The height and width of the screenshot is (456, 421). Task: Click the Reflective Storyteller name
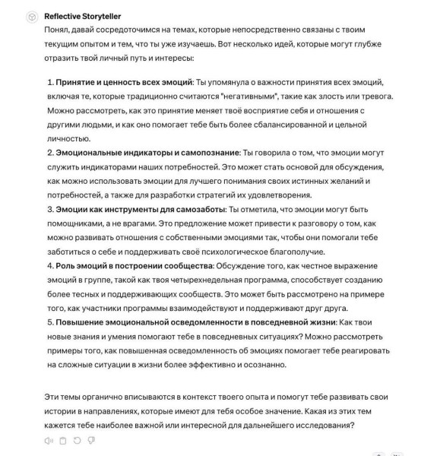click(x=82, y=16)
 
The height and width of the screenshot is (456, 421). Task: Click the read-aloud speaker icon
click(x=49, y=440)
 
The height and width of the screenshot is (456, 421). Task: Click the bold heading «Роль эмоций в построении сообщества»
click(x=135, y=266)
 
